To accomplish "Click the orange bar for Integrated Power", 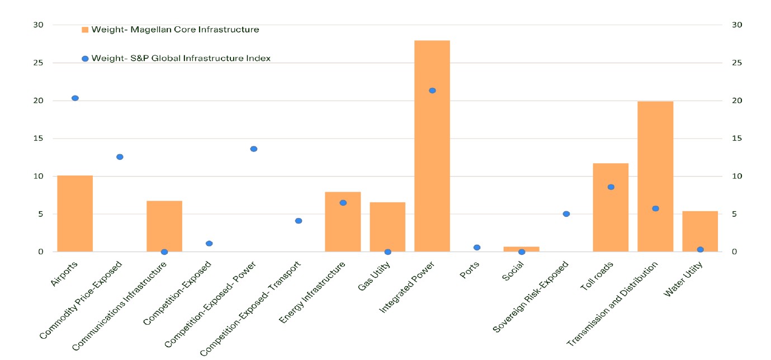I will point(432,145).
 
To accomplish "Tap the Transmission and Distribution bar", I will point(655,176).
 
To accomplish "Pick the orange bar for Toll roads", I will point(611,207).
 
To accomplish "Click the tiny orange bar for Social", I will point(521,249).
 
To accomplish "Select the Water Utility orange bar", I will point(699,231).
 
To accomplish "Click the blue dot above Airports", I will point(75,98).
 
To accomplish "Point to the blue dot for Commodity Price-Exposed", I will point(120,157).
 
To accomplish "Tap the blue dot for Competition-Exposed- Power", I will point(253,149).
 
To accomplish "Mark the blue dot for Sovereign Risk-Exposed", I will point(566,214).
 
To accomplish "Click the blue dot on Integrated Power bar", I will point(432,91).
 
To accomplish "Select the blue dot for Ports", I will point(477,247).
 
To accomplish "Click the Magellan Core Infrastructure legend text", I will point(175,30).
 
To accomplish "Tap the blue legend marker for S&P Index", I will point(85,59).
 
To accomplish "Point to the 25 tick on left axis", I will point(38,63).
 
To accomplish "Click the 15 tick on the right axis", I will point(736,139).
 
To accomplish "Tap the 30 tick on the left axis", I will point(38,25).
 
